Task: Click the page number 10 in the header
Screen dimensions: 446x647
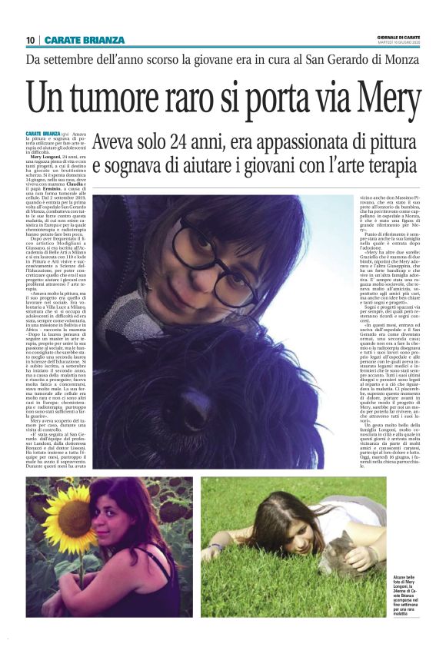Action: pyautogui.click(x=30, y=39)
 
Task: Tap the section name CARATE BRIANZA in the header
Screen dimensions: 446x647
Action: pyautogui.click(x=85, y=39)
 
